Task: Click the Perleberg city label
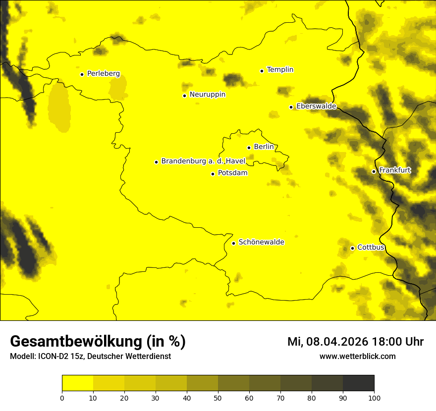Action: coord(103,74)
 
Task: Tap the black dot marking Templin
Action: coord(262,71)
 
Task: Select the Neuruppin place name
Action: coord(207,95)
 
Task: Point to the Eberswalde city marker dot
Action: coord(291,107)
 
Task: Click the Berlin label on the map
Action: coord(264,147)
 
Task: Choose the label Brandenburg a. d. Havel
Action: coord(203,161)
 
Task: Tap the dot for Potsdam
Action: coord(213,174)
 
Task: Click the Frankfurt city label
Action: coord(394,170)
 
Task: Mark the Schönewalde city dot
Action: coord(233,243)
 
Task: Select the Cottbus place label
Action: coord(371,247)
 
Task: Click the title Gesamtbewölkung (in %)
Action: coord(98,342)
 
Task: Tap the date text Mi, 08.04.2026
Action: coord(327,342)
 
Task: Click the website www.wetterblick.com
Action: coord(357,357)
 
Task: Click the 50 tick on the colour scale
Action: coord(218,398)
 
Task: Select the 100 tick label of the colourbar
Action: coord(374,398)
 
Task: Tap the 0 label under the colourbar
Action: coord(62,398)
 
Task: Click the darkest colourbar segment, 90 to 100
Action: coord(358,383)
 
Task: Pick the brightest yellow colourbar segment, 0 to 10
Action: coord(77,383)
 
